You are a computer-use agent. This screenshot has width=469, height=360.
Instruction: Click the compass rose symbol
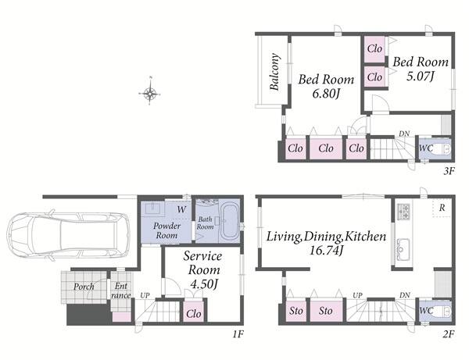[x=150, y=94]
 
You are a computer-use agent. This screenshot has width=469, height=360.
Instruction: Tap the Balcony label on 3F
[x=275, y=72]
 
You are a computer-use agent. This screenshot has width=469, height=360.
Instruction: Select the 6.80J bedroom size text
[x=326, y=94]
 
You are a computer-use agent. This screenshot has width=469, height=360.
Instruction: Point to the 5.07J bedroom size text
[x=420, y=77]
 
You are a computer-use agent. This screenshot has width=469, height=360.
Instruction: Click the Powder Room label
[x=166, y=230]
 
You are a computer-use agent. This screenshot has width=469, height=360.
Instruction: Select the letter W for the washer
[x=181, y=209]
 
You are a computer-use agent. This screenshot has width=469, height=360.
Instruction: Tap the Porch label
[x=84, y=287]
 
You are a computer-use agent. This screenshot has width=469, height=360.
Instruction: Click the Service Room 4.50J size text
[x=203, y=284]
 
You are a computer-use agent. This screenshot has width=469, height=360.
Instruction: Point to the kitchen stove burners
[x=403, y=210]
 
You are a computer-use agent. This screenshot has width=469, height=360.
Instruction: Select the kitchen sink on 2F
[x=403, y=249]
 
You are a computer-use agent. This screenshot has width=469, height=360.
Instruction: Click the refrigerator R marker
[x=442, y=208]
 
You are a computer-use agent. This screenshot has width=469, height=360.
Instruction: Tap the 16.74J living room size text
[x=326, y=250]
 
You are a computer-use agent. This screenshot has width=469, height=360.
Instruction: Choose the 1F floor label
[x=238, y=333]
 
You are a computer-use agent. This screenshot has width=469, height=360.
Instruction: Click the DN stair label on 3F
[x=404, y=134]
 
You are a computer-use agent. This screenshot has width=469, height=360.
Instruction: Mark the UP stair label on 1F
[x=145, y=295]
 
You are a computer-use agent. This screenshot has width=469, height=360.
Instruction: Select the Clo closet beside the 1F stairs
[x=193, y=313]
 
